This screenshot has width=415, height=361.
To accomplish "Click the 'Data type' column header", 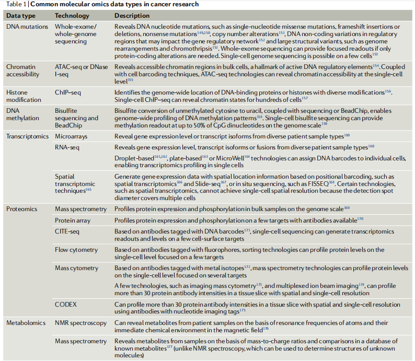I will tap(21, 16).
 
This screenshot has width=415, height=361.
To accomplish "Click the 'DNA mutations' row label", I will tap(27, 26).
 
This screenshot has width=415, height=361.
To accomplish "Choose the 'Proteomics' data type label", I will tap(22, 209).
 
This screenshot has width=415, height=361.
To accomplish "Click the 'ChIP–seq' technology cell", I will tap(68, 92).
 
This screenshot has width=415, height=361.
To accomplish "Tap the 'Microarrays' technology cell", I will tap(71, 136).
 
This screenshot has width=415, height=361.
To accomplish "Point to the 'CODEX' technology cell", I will tap(65, 304).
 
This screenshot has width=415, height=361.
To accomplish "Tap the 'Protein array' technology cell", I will tap(73, 220).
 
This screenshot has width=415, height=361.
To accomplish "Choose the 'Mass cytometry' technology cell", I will tap(76, 268).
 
